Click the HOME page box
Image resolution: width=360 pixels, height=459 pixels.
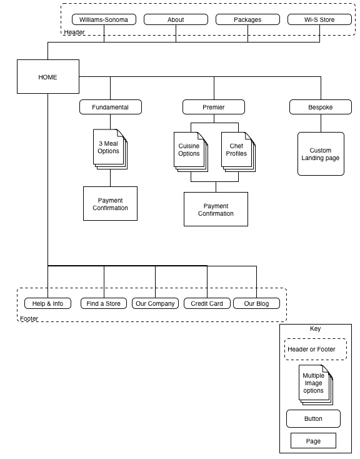[x=48, y=77]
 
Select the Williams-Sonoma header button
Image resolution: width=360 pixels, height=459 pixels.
[x=104, y=19]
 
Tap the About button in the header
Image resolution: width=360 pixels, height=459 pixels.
[x=176, y=19]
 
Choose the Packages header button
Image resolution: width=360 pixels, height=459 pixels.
[x=247, y=19]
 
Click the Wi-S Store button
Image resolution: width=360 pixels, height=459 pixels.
[x=319, y=19]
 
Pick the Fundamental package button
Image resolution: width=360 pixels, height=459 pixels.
[x=111, y=107]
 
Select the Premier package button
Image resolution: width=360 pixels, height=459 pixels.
[x=214, y=107]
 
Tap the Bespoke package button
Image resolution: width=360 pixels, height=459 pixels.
[x=321, y=107]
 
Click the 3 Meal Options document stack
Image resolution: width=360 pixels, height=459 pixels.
[x=111, y=149]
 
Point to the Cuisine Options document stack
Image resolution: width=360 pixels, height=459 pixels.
[x=191, y=152]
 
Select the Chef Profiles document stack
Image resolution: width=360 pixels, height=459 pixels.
[x=238, y=152]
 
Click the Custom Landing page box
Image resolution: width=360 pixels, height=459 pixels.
[x=321, y=154]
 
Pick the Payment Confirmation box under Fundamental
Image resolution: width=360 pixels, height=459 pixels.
[x=111, y=204]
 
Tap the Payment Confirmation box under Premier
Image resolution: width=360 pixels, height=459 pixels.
[x=216, y=209]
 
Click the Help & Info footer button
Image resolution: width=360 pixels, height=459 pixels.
[x=47, y=303]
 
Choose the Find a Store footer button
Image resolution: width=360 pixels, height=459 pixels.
[x=104, y=303]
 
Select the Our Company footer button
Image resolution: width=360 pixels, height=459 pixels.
[x=155, y=303]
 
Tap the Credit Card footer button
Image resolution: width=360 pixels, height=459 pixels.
[x=207, y=303]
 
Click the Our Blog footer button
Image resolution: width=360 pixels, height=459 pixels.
[x=256, y=303]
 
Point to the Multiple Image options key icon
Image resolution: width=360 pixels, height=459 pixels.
[x=316, y=385]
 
